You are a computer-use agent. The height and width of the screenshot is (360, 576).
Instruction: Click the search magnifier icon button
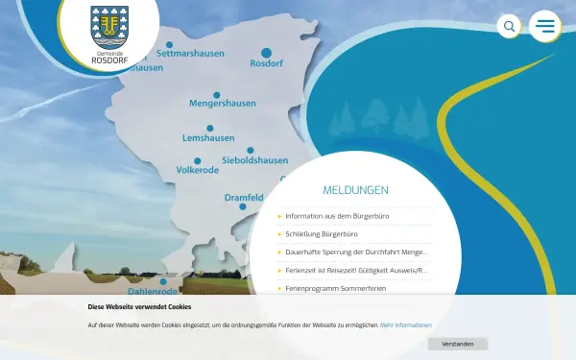pyautogui.click(x=509, y=26)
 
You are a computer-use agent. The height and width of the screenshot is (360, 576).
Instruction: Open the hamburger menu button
pyautogui.click(x=545, y=26)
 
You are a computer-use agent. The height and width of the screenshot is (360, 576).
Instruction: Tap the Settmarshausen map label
pyautogui.click(x=190, y=54)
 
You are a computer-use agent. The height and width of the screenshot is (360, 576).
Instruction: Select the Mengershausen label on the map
pyautogui.click(x=224, y=103)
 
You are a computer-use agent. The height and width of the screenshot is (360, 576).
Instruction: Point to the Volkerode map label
pyautogui.click(x=198, y=170)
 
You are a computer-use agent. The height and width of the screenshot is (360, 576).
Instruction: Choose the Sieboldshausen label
pyautogui.click(x=254, y=160)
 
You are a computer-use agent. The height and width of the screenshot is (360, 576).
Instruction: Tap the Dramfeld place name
pyautogui.click(x=244, y=198)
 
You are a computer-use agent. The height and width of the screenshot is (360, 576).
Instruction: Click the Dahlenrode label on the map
pyautogui.click(x=154, y=291)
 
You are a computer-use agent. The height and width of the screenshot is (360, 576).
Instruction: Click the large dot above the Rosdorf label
pyautogui.click(x=267, y=52)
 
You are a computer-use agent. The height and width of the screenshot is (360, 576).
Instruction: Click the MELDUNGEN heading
pyautogui.click(x=355, y=190)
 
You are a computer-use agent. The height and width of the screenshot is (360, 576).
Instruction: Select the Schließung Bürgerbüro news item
pyautogui.click(x=322, y=234)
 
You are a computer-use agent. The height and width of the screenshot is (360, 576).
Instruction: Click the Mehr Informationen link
pyautogui.click(x=406, y=325)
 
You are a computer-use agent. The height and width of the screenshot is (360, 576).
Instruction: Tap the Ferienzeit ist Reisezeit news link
pyautogui.click(x=356, y=271)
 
